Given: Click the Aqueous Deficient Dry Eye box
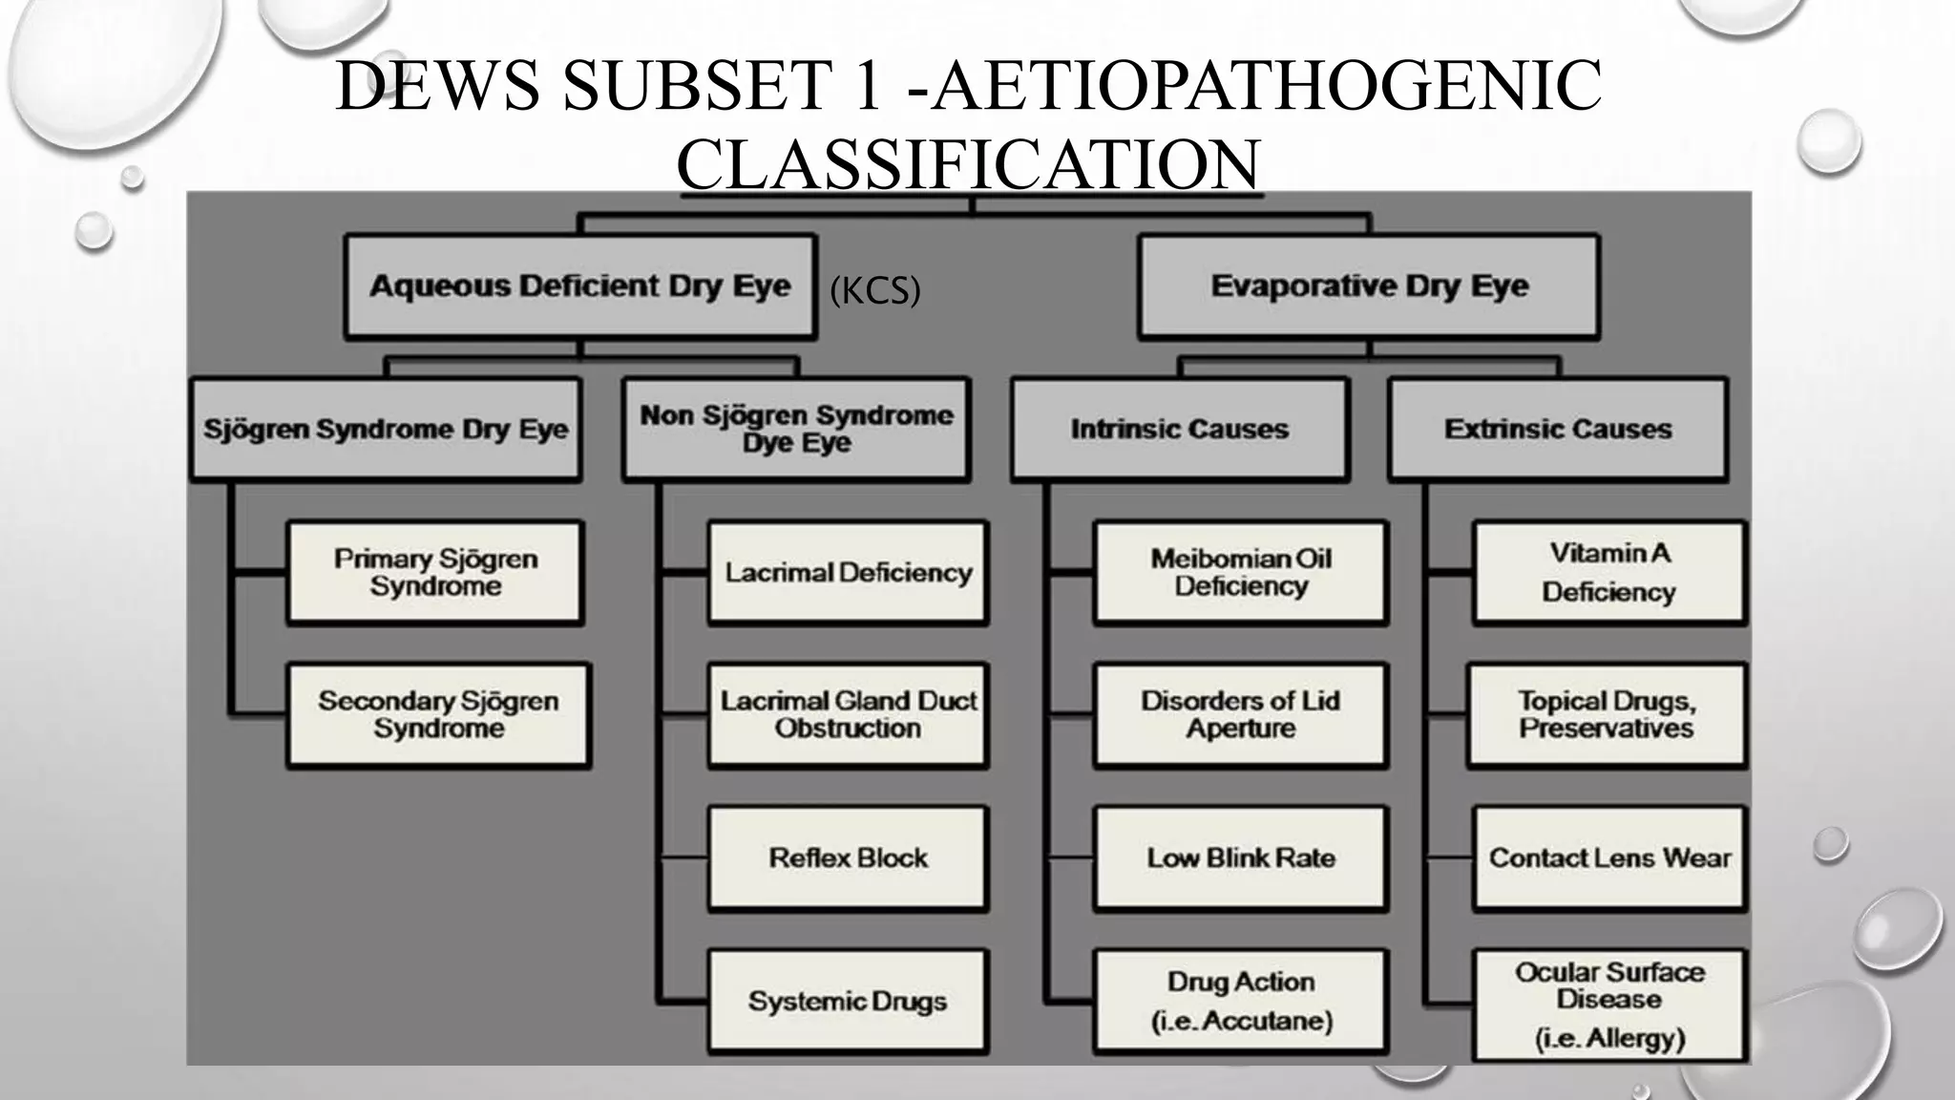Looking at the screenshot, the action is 580,286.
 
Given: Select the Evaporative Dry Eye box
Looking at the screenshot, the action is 1369,286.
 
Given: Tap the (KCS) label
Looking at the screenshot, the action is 874,290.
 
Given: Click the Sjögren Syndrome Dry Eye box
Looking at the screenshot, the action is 386,429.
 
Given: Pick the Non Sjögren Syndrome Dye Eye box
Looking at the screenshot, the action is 796,429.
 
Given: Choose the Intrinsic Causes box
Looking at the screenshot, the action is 1180,429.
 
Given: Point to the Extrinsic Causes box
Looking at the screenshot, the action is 1558,429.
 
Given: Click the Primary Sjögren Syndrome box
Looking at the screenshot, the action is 435,573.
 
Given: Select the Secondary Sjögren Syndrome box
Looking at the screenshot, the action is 439,715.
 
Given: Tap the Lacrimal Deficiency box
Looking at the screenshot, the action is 848,573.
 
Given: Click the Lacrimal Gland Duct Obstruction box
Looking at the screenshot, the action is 848,715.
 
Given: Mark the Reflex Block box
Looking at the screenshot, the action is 848,858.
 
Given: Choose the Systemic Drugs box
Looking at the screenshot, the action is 848,1001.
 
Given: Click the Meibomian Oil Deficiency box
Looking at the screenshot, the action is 1241,573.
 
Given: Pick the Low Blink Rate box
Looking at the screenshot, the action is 1241,858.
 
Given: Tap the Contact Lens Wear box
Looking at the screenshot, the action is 1609,858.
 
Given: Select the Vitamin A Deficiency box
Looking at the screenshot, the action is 1609,573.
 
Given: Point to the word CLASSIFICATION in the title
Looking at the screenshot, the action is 968,164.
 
